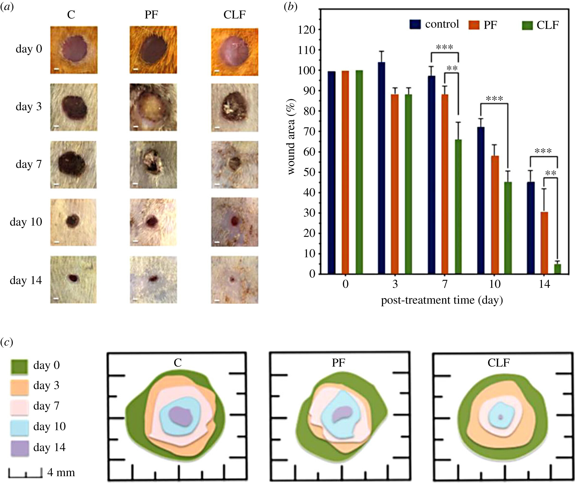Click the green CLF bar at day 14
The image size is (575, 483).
[x=557, y=269]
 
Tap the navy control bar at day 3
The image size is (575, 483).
[x=381, y=168]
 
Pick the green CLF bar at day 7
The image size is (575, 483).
[x=458, y=206]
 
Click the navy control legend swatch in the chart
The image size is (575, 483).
[x=415, y=24]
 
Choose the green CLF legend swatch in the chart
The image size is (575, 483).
[x=527, y=25]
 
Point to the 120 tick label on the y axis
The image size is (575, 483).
[x=307, y=30]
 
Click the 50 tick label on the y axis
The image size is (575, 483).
[x=309, y=172]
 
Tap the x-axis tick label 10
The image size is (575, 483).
[x=495, y=284]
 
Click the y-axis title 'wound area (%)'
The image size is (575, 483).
[x=291, y=136]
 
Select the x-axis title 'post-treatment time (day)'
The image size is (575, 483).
[x=442, y=300]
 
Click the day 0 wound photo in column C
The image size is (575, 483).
[x=74, y=50]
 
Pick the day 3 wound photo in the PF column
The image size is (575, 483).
[x=153, y=107]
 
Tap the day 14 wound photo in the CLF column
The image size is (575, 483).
[x=234, y=280]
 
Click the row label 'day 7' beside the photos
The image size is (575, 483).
[x=28, y=164]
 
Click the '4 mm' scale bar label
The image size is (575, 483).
[x=61, y=472]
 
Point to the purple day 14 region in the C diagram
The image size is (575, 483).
[x=181, y=416]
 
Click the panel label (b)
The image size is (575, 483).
[x=291, y=7]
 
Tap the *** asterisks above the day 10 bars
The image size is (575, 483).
[x=494, y=98]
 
